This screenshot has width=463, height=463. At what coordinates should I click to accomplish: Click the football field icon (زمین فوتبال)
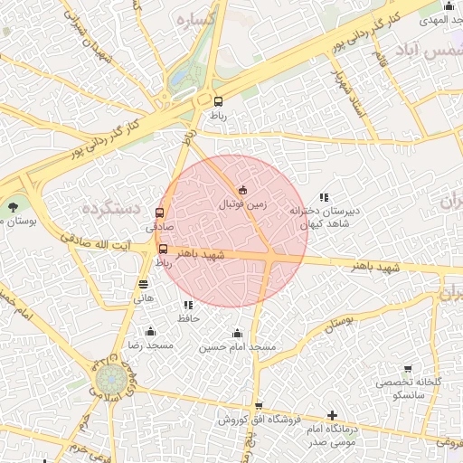coord(242,190)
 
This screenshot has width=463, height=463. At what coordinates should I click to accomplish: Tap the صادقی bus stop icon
coord(160,213)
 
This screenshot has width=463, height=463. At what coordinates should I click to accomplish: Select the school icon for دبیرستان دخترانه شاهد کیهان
coord(324,197)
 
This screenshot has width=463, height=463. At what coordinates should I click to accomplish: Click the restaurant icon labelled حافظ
coord(188,306)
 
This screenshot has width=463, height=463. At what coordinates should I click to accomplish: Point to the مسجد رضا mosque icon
coord(150,332)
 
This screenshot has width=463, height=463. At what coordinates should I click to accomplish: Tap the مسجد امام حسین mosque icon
coord(237,334)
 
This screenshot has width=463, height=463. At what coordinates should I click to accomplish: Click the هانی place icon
coord(144,283)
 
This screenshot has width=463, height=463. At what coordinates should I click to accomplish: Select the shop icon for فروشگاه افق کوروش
coord(259,406)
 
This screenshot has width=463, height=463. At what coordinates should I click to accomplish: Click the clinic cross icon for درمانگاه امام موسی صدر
coord(332,415)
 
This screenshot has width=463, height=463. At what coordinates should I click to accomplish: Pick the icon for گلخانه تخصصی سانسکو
coord(408,369)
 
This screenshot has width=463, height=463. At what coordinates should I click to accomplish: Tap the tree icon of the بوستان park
coord(13,207)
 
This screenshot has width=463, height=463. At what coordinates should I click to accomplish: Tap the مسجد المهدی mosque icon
coord(449,6)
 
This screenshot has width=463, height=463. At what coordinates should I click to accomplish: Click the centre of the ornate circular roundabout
coord(111,377)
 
